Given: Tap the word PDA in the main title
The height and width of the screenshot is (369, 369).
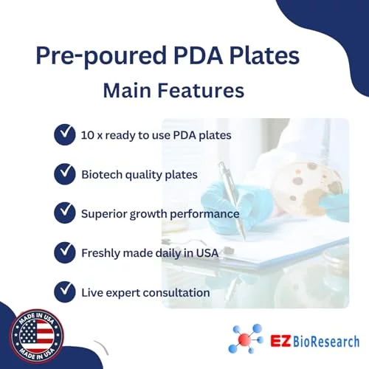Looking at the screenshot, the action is click(198, 55).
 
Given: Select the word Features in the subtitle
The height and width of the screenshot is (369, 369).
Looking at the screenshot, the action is click(201, 90).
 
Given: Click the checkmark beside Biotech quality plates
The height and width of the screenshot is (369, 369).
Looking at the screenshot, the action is click(65, 173).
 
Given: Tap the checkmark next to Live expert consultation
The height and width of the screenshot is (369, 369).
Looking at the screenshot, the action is click(65, 292).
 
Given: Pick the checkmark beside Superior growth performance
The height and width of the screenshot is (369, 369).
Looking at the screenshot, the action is click(65, 213).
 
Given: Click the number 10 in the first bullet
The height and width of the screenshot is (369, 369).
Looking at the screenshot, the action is click(87, 135).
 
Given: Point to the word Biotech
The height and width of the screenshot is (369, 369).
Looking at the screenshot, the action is click(102, 174).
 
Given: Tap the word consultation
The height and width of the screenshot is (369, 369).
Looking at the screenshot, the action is click(176, 293).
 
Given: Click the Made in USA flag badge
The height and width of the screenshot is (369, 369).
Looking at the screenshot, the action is click(36, 336).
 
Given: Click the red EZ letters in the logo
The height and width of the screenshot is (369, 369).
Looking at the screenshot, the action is click(280, 341).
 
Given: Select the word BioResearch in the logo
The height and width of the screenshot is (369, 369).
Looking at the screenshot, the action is click(326, 342).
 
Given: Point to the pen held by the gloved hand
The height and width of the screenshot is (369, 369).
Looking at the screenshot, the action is click(232, 201).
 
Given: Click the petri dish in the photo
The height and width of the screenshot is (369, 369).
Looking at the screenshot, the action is click(308, 187).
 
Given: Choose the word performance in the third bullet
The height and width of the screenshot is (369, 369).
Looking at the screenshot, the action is click(204, 214).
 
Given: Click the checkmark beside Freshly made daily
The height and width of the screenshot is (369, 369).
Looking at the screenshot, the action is click(65, 252).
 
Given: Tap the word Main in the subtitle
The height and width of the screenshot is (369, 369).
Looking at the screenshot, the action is click(127, 90).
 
